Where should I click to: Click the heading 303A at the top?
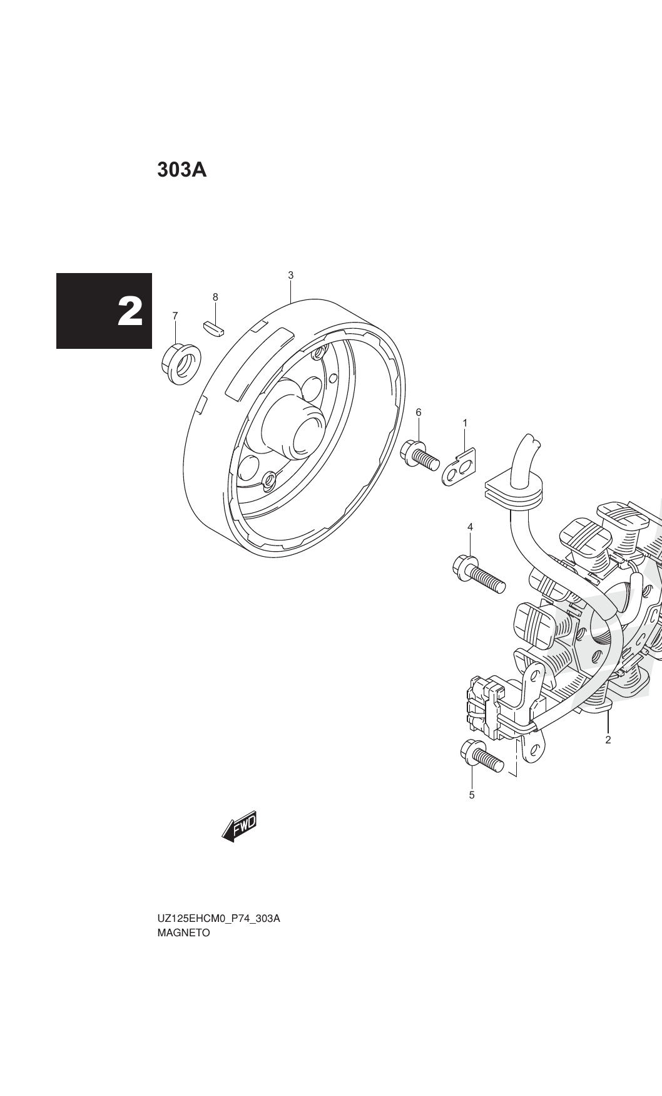coord(181,169)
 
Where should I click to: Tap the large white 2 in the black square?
coord(130,311)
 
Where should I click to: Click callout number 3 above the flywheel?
coord(291,275)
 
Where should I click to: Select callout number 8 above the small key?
coord(215,297)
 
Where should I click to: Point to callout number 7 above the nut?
coord(175,316)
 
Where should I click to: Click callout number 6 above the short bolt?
coord(419,412)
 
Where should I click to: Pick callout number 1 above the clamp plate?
coord(465,423)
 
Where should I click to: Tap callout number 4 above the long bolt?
coord(470,527)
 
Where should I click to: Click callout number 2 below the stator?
coord(608,740)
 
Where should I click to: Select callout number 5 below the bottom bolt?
coord(472,795)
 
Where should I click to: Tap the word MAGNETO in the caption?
coord(184,933)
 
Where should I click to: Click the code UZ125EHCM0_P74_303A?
coord(218,919)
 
